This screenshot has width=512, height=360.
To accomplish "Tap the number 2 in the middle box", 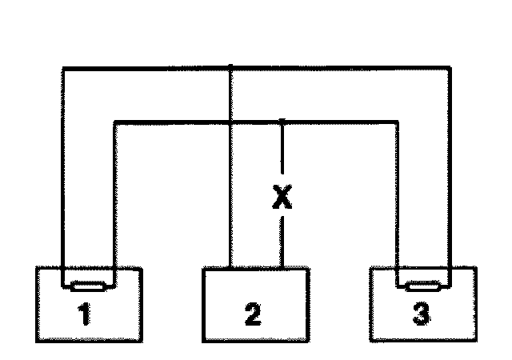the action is pos(252,314).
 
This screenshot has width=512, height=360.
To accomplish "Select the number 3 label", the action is pos(421,314).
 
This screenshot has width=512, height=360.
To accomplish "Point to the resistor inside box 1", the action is pos(88,286).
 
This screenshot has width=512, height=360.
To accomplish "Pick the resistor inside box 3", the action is pos(423,286).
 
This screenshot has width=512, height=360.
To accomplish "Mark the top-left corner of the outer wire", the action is pos(62,67).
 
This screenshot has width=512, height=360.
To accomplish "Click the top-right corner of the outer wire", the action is pos(450,67).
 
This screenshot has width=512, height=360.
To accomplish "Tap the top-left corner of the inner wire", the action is pos(116,122).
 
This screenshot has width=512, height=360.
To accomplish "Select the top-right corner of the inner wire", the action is pos(398,122).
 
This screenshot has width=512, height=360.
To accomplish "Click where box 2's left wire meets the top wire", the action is pos(230,67).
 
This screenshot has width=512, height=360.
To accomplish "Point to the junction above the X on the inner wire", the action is pos(282,122).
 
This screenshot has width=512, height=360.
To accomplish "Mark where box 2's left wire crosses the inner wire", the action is pos(230,122).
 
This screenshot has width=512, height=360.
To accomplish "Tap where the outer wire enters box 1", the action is pos(62,267).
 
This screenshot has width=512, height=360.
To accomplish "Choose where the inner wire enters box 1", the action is pos(116,267).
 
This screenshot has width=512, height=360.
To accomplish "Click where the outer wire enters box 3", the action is pos(450,267).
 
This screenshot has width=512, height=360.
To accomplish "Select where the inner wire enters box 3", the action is pos(398,267).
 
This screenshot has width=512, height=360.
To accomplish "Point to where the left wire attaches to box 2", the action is pos(230,267).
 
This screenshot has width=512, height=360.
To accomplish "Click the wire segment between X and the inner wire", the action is pos(282,152).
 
